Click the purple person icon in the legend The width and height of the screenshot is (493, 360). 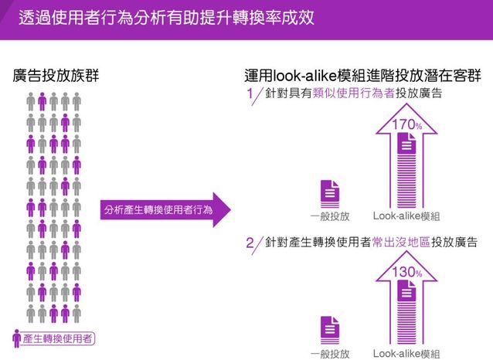[x=17, y=338]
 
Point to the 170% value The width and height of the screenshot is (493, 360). [x=406, y=124]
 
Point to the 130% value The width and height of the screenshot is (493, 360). [x=406, y=272]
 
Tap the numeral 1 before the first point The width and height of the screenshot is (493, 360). [x=250, y=95]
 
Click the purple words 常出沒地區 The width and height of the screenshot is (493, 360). [x=397, y=243]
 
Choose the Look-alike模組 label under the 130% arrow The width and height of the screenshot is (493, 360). [x=406, y=353]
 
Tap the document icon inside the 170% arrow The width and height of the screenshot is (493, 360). [x=406, y=144]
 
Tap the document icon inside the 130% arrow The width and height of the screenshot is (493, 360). [x=406, y=291]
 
